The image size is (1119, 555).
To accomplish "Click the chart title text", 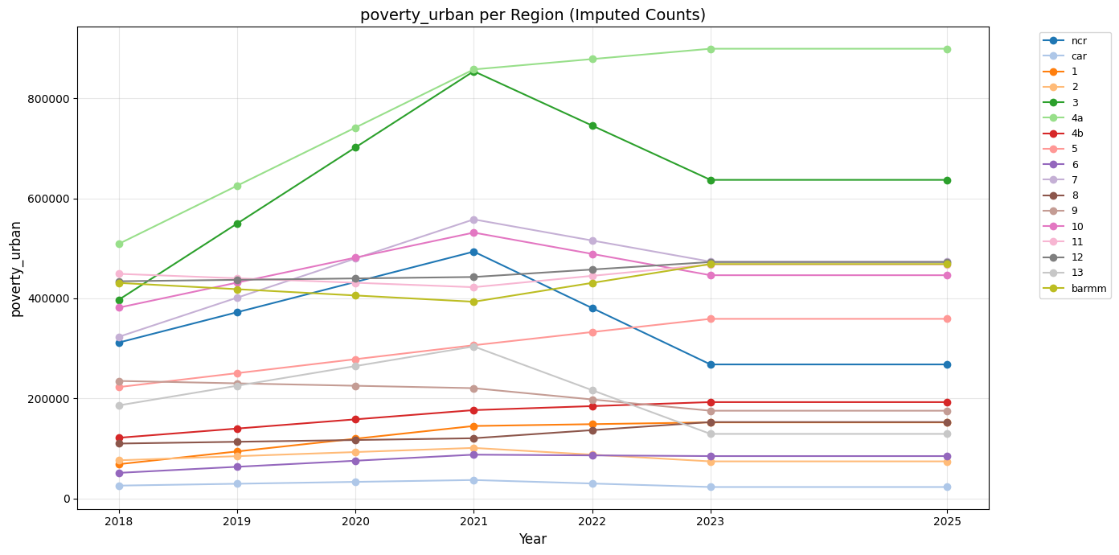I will point(532,14).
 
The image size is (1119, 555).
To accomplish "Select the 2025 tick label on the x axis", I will point(946,521).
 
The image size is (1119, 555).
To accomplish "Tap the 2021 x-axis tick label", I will point(473,521).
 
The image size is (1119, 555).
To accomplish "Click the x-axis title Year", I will point(532,539).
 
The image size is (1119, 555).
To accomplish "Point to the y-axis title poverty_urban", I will point(16,269).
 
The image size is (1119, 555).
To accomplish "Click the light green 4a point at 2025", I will point(946,49).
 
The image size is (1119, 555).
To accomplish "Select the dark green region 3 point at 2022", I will point(592,125).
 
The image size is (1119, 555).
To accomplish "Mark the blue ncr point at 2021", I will point(473,252).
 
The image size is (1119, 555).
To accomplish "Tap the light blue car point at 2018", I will point(119,486).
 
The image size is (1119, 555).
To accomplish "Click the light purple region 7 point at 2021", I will point(473,220).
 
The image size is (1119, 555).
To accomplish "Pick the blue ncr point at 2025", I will point(946,364).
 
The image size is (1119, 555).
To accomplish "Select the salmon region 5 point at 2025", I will point(946,319).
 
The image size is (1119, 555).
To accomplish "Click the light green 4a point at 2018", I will point(119,244).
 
